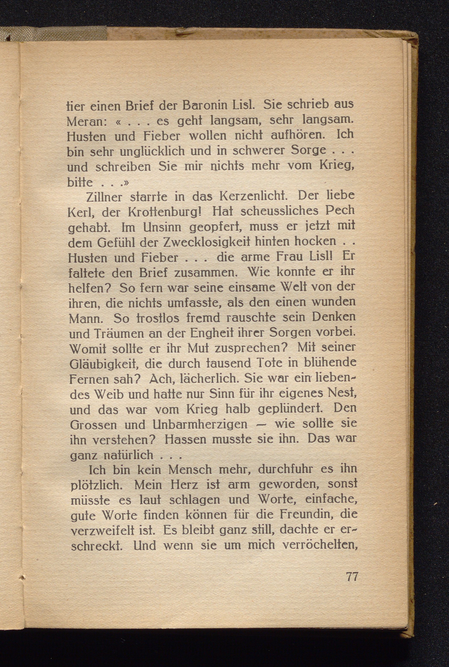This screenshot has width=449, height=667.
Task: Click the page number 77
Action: coord(352,576)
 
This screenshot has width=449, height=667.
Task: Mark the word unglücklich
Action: coord(152,151)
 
